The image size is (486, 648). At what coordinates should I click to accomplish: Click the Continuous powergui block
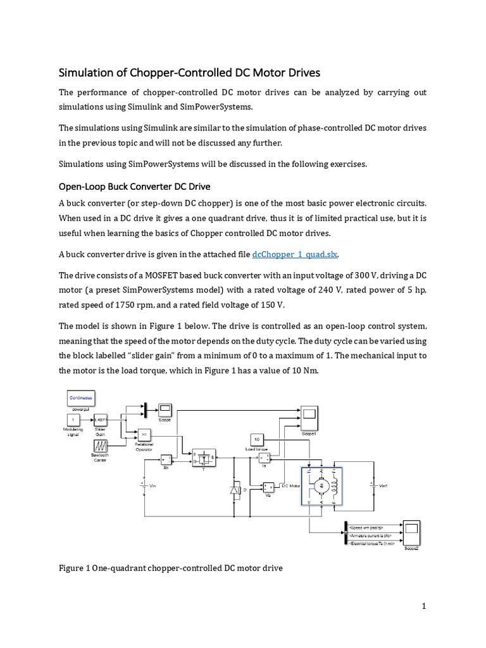tap(80, 397)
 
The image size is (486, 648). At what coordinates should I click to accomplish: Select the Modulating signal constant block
tap(73, 420)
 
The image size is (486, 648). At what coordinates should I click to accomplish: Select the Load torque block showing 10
tap(257, 439)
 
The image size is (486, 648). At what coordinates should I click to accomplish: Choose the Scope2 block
tap(411, 533)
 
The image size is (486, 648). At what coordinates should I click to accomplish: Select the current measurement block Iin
tap(166, 459)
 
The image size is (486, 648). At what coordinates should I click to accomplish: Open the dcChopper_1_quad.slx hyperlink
tap(295, 254)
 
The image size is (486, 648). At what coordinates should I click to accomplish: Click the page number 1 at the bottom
tap(425, 606)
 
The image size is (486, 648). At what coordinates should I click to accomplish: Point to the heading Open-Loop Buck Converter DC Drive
tap(134, 187)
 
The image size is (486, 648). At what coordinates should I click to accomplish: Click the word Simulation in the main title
tap(88, 72)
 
